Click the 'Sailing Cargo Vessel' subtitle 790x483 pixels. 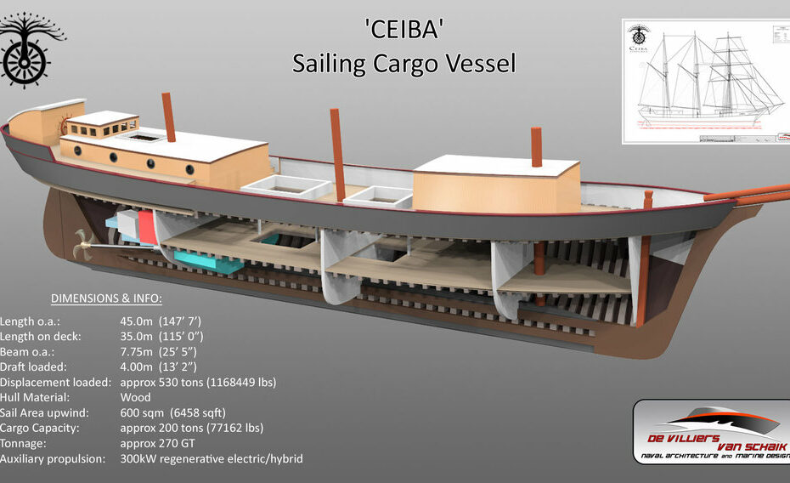(403, 64)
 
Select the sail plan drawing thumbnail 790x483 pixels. (705, 81)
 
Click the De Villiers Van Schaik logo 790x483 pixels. (712, 432)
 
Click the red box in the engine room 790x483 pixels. (146, 225)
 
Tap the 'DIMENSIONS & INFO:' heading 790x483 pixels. (106, 298)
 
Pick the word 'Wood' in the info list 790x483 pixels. (136, 397)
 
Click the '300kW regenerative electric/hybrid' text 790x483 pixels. (212, 458)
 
